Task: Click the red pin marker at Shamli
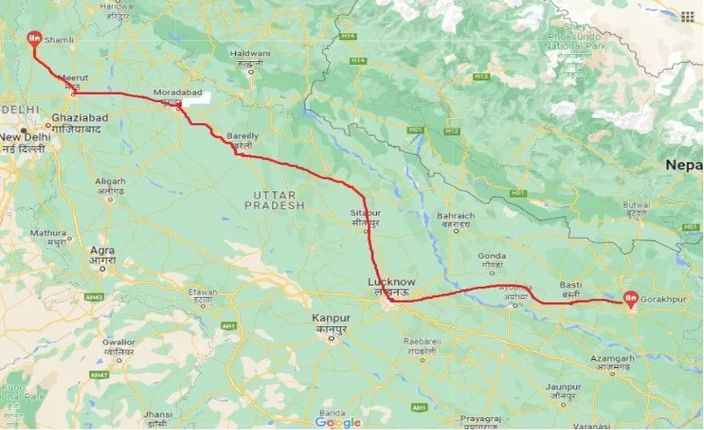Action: coord(34,38)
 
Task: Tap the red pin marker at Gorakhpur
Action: coord(630,299)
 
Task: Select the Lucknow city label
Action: coord(391,282)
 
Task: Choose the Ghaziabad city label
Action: coord(78,117)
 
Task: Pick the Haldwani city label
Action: coord(250,53)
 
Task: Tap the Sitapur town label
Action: coord(366,212)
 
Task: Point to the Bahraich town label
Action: coord(457,216)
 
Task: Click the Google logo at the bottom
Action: coord(338,422)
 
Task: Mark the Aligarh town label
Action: coord(110,181)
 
